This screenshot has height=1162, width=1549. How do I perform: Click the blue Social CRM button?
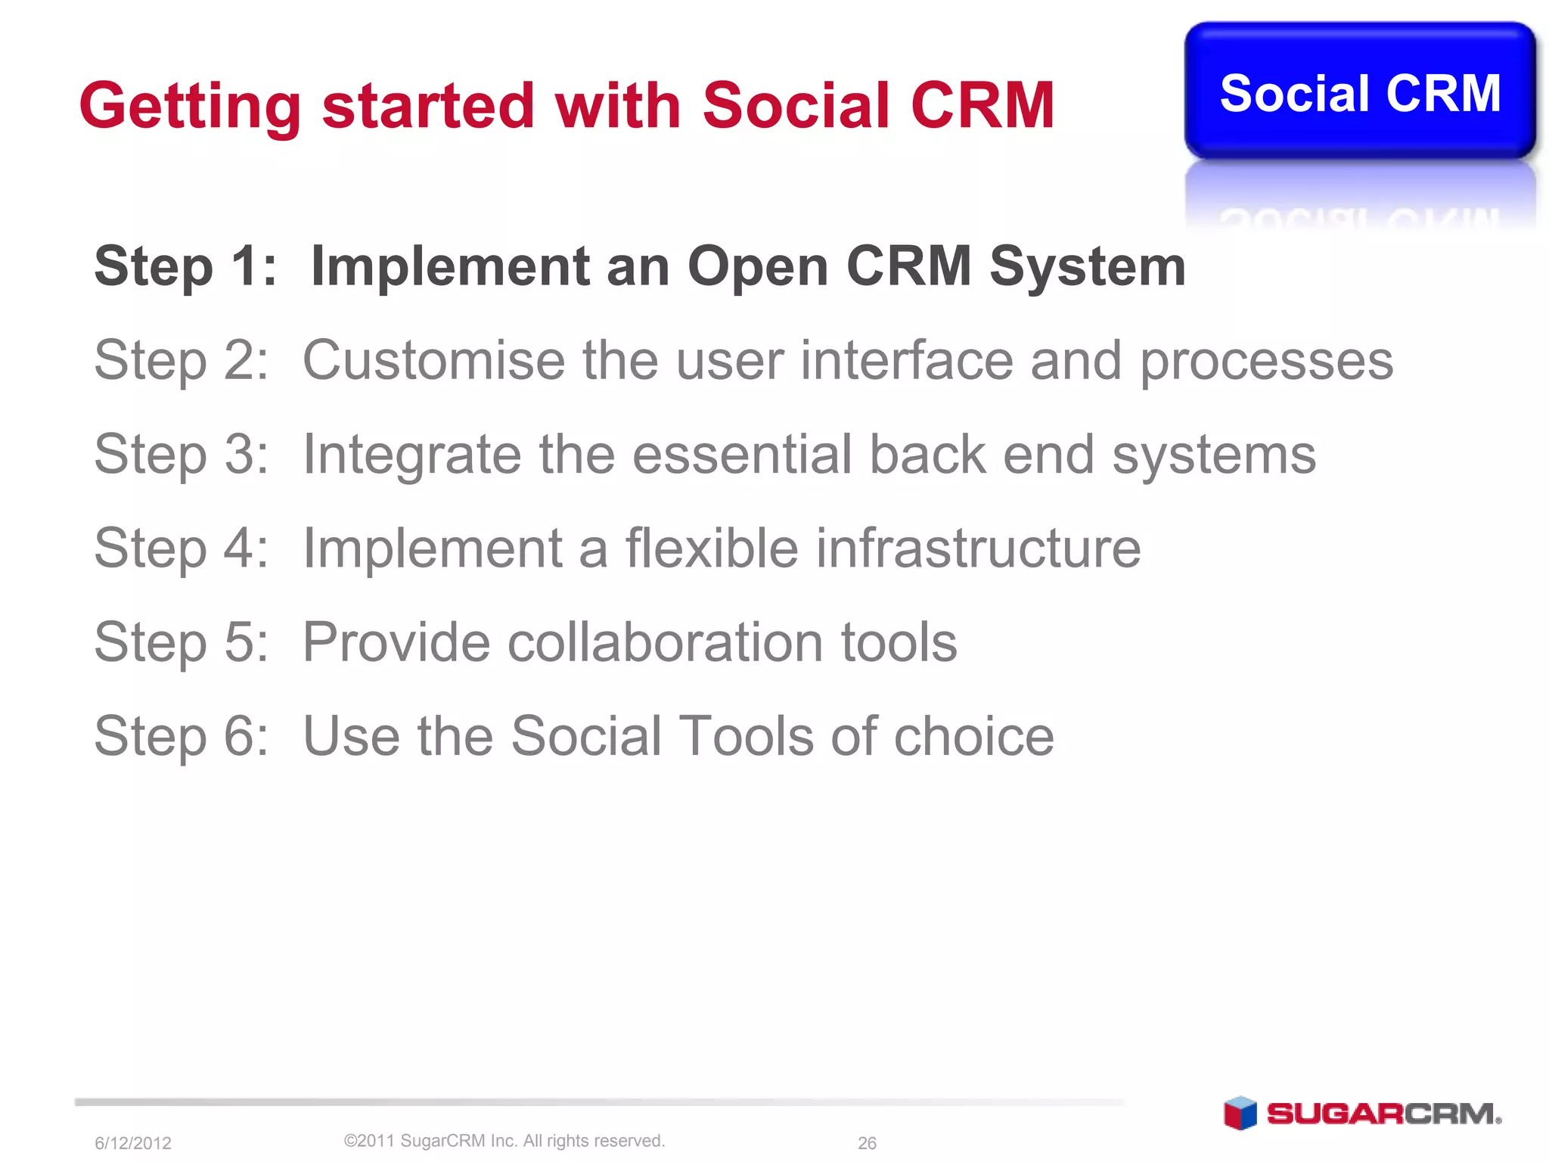(x=1359, y=92)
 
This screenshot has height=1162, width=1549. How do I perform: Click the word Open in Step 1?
(x=757, y=268)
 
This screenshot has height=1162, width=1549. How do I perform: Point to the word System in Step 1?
(x=1087, y=268)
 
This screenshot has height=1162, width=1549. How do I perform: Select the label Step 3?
(x=182, y=455)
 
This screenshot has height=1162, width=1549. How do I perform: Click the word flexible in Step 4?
(x=711, y=548)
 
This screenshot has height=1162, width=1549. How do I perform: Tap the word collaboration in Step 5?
(x=665, y=642)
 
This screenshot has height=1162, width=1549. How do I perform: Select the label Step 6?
(x=182, y=736)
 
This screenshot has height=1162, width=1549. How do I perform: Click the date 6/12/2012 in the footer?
(x=133, y=1143)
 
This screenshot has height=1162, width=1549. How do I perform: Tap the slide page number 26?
(x=867, y=1143)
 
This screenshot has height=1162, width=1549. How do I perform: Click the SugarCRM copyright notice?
(x=504, y=1141)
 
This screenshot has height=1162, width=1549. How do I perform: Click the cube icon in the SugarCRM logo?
(x=1240, y=1113)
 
